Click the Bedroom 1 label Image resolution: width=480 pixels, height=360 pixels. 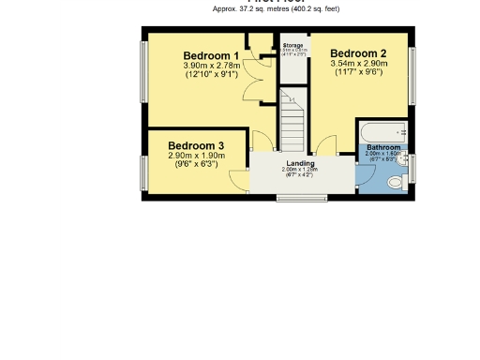click(x=211, y=56)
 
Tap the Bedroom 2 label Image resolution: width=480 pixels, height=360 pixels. click(x=358, y=53)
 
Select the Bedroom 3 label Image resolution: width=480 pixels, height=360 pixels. click(x=196, y=145)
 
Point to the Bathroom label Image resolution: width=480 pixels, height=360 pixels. click(x=383, y=148)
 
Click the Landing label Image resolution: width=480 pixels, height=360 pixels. click(x=300, y=163)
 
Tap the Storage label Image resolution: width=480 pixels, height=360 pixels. click(x=293, y=45)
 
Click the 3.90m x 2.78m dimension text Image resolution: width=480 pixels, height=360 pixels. click(x=211, y=66)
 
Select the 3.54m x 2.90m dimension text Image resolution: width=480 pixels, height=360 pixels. click(x=358, y=64)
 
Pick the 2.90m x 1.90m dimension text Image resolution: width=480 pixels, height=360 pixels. click(x=196, y=156)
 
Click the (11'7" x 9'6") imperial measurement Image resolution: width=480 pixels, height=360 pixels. click(x=358, y=72)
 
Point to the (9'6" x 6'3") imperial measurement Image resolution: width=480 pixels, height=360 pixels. click(x=196, y=164)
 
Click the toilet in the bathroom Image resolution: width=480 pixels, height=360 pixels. click(x=395, y=181)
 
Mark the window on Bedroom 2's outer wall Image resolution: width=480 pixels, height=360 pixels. click(x=412, y=75)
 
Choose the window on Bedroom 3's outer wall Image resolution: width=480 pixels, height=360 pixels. click(x=144, y=171)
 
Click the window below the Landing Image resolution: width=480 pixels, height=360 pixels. click(x=301, y=197)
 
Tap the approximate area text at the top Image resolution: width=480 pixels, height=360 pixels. click(x=276, y=8)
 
